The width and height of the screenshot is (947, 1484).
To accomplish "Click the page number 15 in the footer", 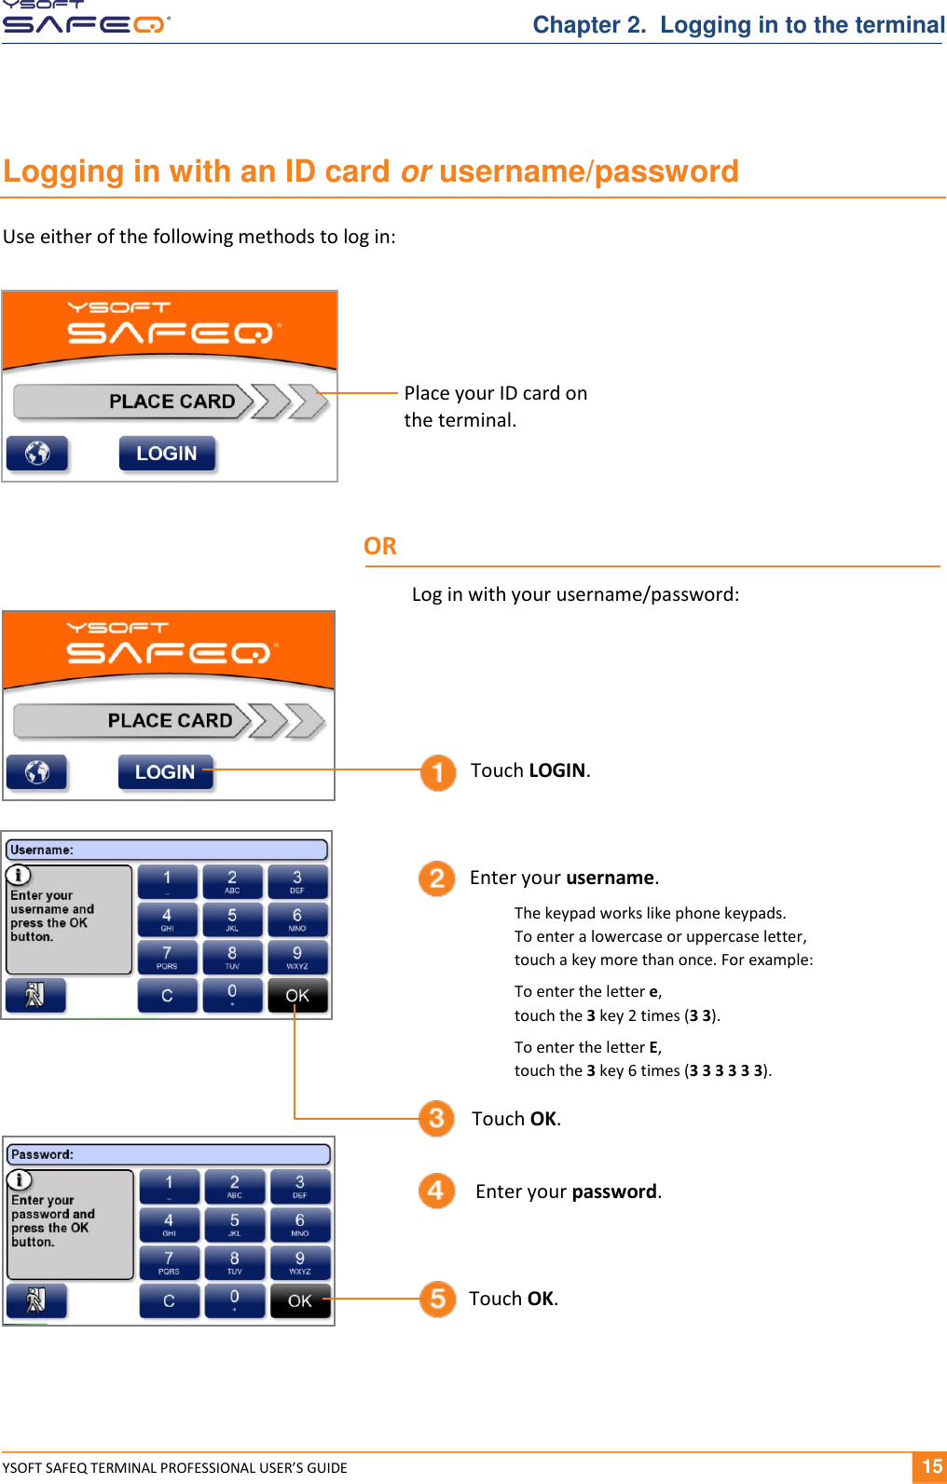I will [931, 1466].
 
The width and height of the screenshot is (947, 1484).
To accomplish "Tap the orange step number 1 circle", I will [437, 772].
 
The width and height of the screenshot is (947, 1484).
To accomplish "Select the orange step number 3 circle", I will [436, 1118].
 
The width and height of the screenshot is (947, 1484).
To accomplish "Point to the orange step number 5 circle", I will [437, 1299].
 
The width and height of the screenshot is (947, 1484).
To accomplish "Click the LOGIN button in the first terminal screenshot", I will [167, 454].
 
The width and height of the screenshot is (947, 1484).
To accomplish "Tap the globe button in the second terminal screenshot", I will [37, 772].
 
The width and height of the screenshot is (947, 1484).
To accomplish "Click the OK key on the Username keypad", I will [296, 995].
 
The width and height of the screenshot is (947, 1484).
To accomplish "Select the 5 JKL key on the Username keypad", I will [232, 919].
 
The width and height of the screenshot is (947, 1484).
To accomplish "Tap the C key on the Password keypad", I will [169, 1300].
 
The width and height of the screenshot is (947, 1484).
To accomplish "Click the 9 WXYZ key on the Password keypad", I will [299, 1262].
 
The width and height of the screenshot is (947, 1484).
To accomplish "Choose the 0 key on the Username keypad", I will [232, 995].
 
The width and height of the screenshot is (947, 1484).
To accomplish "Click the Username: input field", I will [168, 850].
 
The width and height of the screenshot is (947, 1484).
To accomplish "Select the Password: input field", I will [168, 1154].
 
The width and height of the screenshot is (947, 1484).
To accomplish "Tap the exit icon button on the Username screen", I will [35, 995].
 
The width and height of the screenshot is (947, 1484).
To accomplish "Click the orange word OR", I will [379, 546].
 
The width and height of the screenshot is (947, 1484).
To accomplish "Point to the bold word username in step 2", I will [610, 878].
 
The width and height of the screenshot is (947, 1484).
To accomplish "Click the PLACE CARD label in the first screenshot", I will [172, 402].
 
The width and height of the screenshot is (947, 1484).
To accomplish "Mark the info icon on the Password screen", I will [20, 1180].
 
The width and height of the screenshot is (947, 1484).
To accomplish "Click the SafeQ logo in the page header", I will [86, 19].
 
